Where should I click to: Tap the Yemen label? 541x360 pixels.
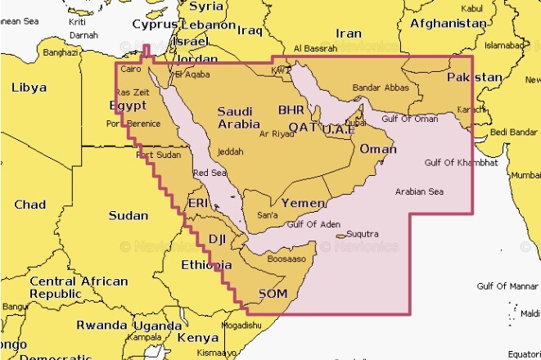point(304,202)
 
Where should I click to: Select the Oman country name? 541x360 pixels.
point(378,149)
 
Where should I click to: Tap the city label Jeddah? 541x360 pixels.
point(231,151)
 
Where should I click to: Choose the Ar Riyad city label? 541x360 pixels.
point(276,133)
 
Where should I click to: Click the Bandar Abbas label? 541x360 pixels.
point(381,88)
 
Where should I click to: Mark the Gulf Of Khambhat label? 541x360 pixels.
point(461,163)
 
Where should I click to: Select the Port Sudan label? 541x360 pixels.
point(158,155)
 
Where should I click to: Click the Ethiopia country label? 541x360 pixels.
point(206,265)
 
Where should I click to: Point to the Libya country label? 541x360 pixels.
point(29,88)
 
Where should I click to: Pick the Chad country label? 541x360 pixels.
point(30,205)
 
